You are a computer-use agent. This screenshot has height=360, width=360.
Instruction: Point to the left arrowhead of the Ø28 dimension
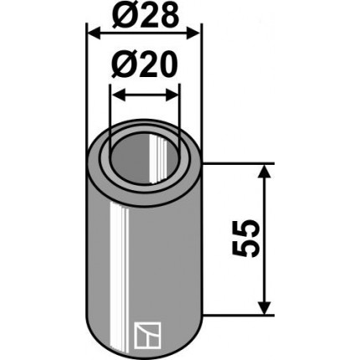click(94, 34)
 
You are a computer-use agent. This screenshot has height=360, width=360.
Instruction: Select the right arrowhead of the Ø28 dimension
click(193, 34)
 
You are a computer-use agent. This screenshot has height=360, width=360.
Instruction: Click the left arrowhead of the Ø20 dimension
click(118, 95)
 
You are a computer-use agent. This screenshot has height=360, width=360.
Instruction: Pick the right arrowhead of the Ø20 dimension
click(172, 95)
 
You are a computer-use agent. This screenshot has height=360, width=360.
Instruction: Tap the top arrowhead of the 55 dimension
click(264, 171)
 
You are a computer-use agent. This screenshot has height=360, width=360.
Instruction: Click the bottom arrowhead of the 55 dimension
click(264, 307)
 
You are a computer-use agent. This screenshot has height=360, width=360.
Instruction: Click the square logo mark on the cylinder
click(147, 336)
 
